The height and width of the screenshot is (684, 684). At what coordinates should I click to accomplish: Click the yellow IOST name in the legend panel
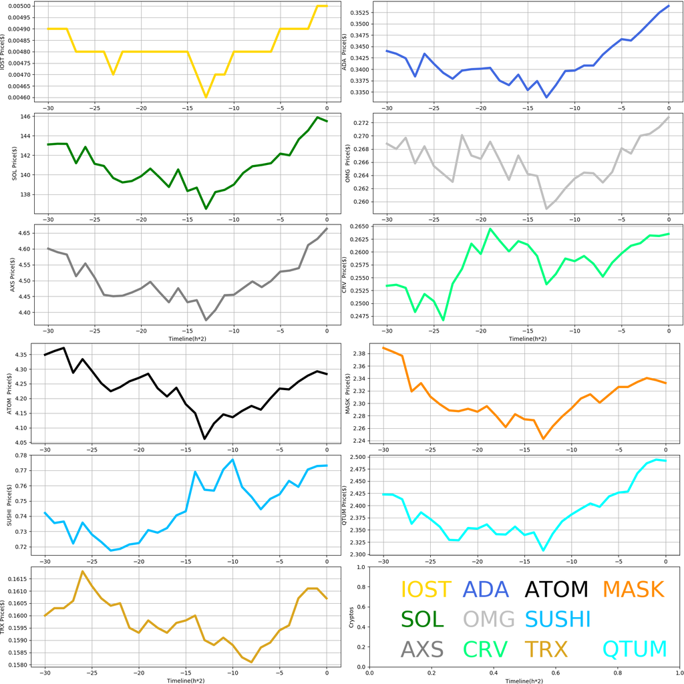pos(426,589)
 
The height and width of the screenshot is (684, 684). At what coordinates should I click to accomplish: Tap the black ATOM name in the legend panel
pos(556,589)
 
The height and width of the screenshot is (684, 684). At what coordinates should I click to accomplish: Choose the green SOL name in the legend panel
pos(422,619)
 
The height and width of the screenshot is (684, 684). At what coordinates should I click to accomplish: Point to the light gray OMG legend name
pos(489,619)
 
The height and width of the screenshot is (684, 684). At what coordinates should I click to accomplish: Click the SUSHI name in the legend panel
pos(558,619)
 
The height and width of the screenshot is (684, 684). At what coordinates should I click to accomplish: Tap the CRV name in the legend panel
pos(485,649)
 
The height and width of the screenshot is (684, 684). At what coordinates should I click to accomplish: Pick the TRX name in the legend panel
pos(546,649)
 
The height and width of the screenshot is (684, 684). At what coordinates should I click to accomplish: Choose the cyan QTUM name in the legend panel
pos(634,649)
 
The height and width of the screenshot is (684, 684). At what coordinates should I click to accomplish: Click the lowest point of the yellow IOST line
pos(206,97)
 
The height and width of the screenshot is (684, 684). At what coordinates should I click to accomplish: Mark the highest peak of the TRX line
pos(83,572)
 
